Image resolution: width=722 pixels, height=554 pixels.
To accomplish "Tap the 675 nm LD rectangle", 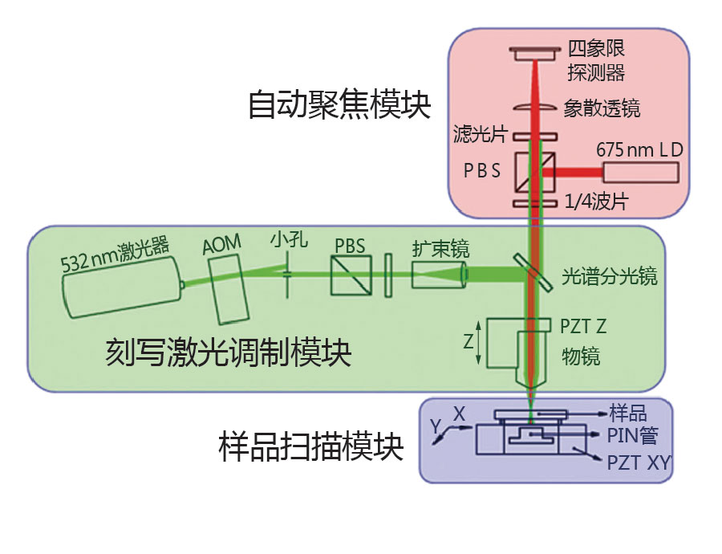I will point(641,172).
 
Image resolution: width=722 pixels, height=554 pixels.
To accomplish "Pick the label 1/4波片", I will point(598,203).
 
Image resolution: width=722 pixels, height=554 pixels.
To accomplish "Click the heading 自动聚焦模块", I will point(339,105).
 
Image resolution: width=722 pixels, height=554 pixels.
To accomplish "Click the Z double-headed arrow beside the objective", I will point(479,341).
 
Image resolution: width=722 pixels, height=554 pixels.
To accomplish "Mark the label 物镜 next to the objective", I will point(580,356).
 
